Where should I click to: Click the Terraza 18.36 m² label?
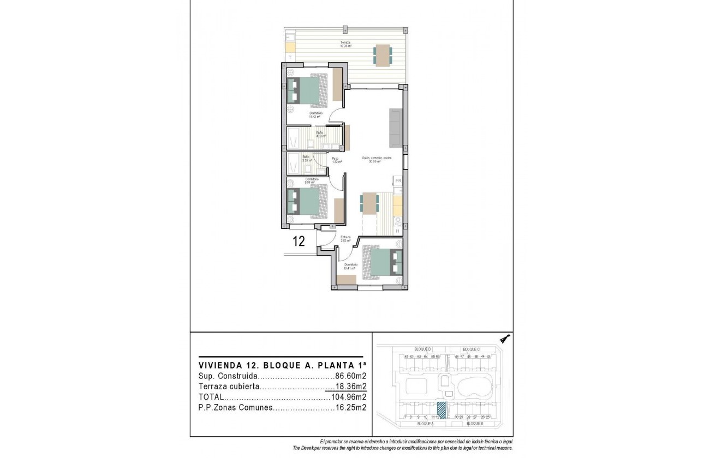click(x=345, y=44)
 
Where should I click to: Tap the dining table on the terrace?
click(x=383, y=55)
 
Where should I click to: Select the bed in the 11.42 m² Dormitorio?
click(x=306, y=91)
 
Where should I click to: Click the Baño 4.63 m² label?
click(x=320, y=134)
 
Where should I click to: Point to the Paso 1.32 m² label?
click(x=336, y=160)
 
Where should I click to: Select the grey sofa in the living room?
click(x=396, y=128)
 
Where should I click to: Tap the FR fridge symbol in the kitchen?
click(x=398, y=180)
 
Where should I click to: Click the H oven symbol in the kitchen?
click(x=398, y=231)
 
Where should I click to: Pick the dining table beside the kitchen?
click(x=370, y=204)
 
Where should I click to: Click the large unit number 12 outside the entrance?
click(x=299, y=242)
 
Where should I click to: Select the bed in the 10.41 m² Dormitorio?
click(x=383, y=262)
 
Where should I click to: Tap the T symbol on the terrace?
click(x=290, y=57)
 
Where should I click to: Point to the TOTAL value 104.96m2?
click(x=349, y=397)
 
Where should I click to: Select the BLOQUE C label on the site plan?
click(x=471, y=349)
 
